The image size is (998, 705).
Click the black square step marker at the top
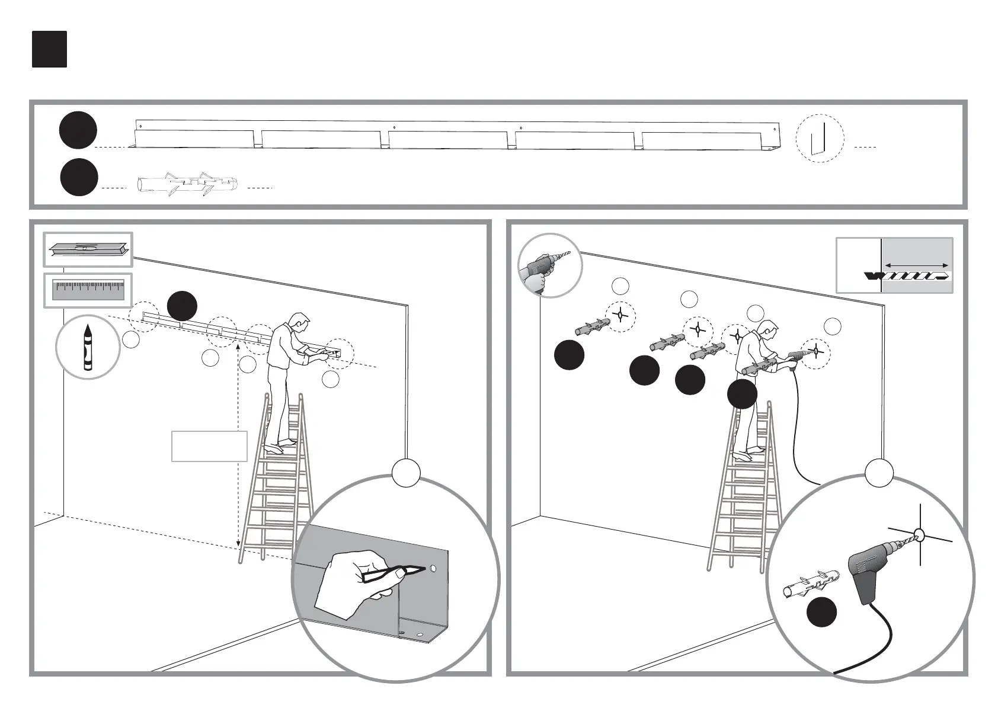pos(49,49)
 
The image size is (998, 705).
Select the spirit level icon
pos(88,249)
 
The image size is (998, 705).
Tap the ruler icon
pos(88,290)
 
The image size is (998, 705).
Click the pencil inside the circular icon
pos(88,347)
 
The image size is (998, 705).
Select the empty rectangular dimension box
pos(209,446)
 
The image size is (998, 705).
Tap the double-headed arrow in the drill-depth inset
pos(916,264)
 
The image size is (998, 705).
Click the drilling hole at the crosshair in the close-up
pos(920,536)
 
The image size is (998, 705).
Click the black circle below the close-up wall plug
pos(822,613)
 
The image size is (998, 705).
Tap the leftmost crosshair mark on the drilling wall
pos(620,315)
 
